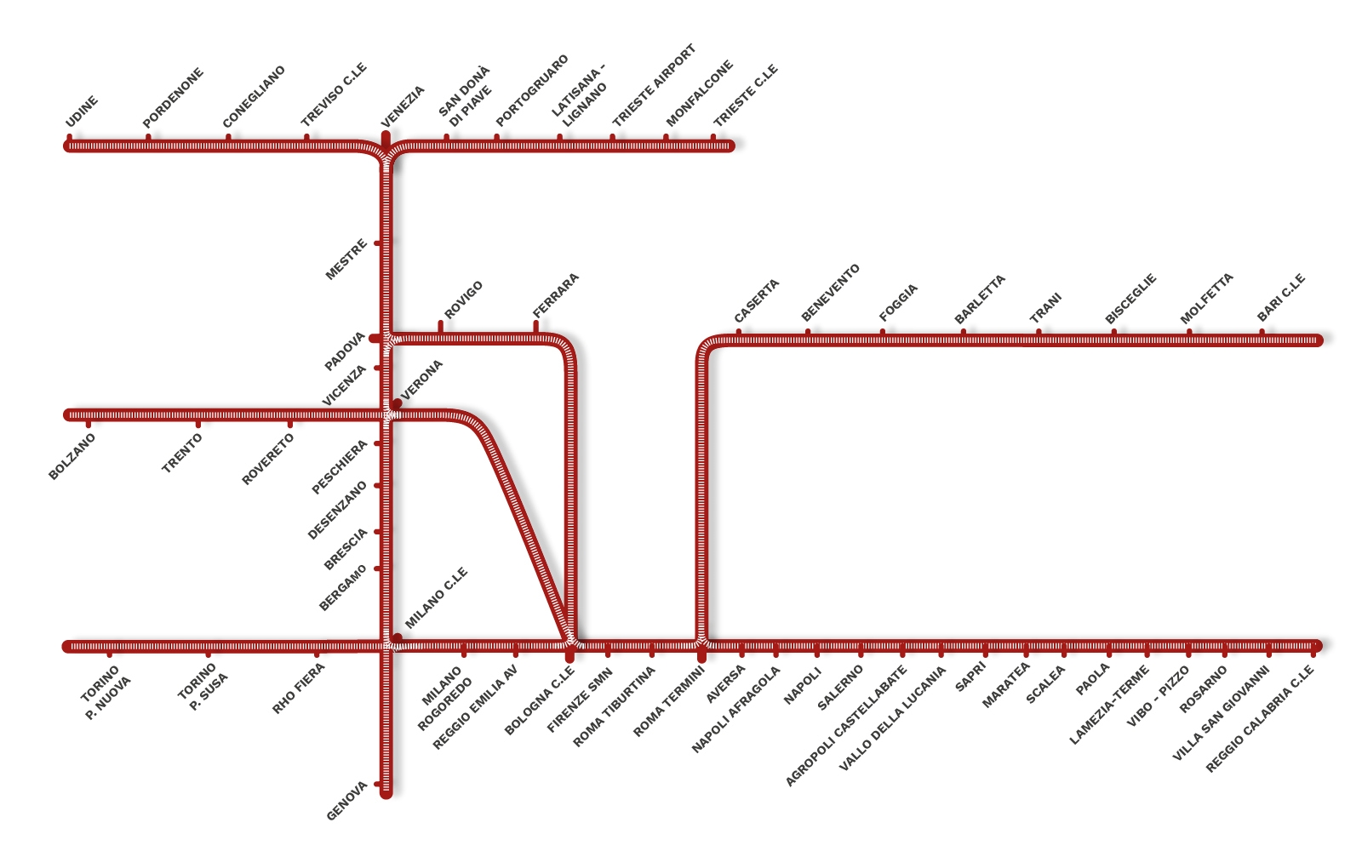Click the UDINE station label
click(x=82, y=111)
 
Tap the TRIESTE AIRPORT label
click(x=654, y=85)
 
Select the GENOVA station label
click(x=346, y=801)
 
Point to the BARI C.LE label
click(x=1281, y=297)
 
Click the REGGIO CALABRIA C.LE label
click(x=1260, y=719)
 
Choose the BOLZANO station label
click(x=72, y=456)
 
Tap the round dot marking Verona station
click(x=397, y=403)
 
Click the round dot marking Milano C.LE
click(x=397, y=637)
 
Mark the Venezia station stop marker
click(x=386, y=139)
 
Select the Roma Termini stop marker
click(x=701, y=655)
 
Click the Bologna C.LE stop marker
click(x=569, y=655)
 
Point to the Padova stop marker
click(x=375, y=339)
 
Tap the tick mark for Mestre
click(x=378, y=243)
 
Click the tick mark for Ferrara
click(x=535, y=327)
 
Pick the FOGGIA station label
click(x=898, y=303)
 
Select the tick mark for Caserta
click(x=739, y=332)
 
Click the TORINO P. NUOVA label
click(x=106, y=693)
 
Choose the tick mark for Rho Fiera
click(x=316, y=654)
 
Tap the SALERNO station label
click(x=839, y=688)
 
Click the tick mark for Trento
click(x=197, y=424)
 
